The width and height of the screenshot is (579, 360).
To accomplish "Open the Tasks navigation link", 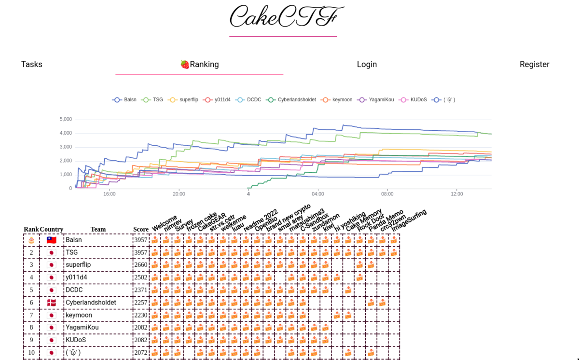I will coord(32,64).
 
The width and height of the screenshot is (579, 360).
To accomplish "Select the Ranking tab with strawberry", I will coord(199,64).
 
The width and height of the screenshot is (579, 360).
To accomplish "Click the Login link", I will coord(367,64).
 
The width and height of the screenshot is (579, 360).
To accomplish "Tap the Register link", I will coord(534,64).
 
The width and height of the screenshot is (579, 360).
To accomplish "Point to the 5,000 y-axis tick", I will coord(66,119).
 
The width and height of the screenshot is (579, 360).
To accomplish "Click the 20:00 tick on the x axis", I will coord(179,194).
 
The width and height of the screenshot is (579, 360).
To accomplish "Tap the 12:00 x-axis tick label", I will coord(456,194).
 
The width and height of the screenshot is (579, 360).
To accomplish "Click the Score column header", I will coord(141,229).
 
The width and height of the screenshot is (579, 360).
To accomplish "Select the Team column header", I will coord(98,229).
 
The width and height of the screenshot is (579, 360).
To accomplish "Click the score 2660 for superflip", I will coord(140,265).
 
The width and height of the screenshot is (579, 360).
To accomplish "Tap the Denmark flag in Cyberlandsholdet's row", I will coord(52,303).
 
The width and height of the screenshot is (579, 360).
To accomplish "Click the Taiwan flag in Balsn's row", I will coord(52,240).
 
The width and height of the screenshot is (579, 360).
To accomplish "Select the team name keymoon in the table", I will coord(79,315).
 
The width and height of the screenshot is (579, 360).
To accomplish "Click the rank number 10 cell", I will coord(31,353).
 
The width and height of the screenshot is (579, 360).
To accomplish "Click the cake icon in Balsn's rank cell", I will coord(31,240).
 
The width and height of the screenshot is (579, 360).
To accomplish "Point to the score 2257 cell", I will coord(140,303).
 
